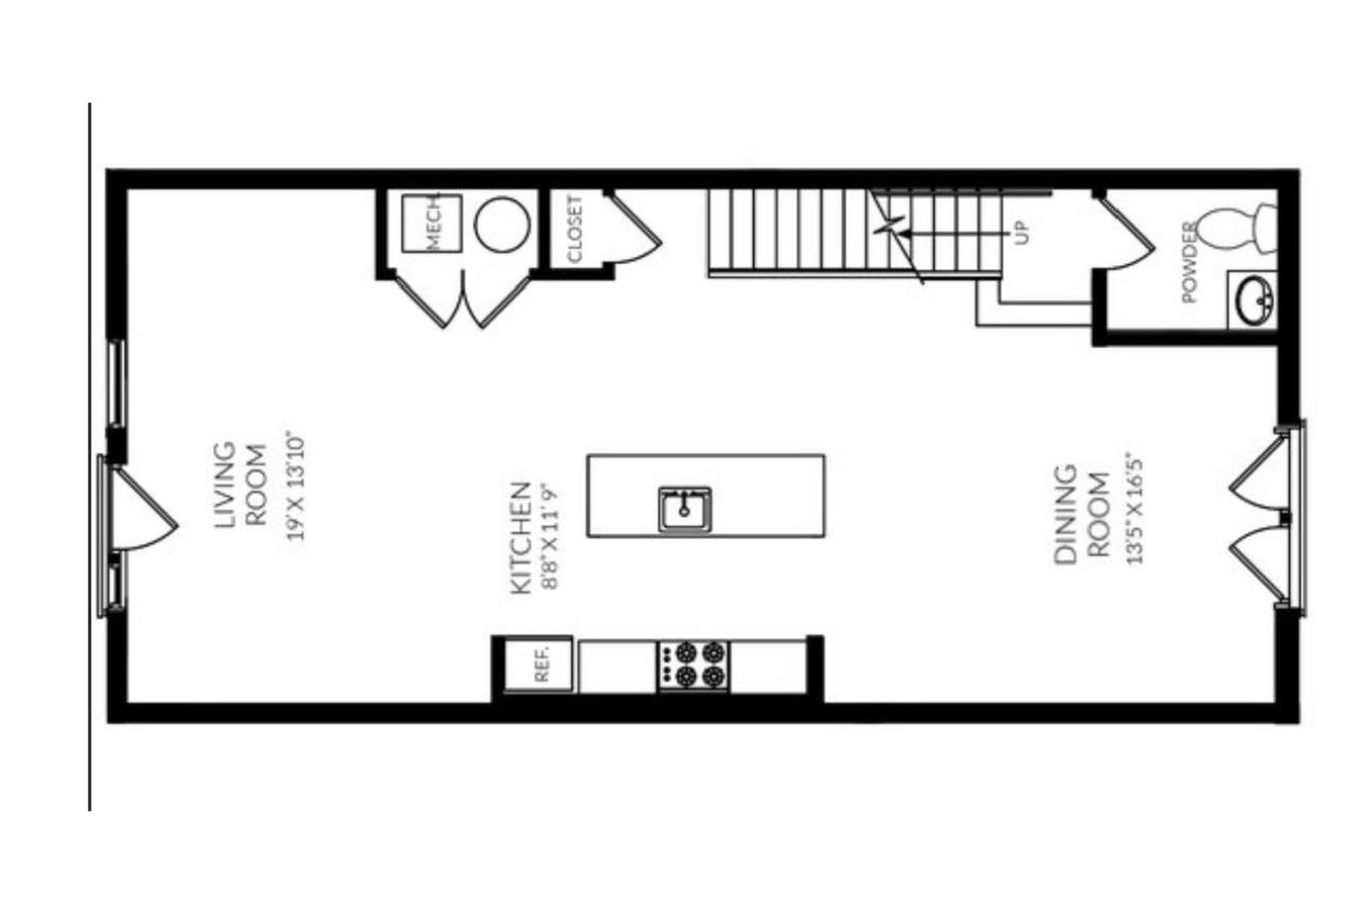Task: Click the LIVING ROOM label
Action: [240, 485]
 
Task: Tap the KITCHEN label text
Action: [520, 538]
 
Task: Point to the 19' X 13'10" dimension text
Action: [296, 487]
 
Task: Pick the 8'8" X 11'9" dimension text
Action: [550, 538]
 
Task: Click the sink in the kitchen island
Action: [684, 509]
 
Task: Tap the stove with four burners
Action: [693, 665]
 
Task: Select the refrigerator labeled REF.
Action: [539, 664]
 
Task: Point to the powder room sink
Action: [1252, 299]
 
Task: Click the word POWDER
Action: [1189, 261]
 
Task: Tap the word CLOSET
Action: [575, 228]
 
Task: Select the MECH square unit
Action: [432, 223]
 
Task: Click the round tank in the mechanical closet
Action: [502, 225]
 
